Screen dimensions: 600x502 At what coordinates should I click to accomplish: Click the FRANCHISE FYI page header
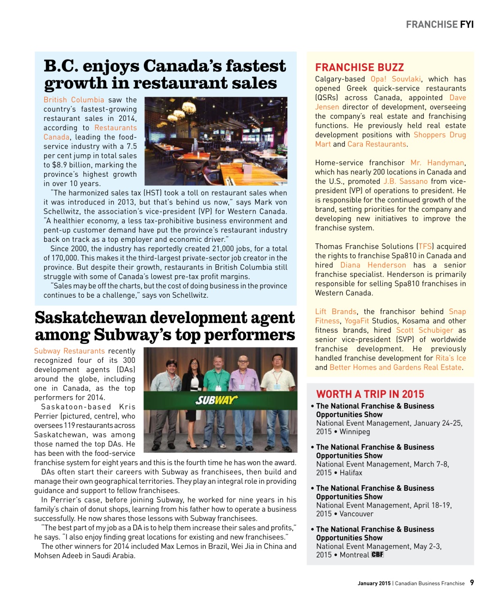[439, 24]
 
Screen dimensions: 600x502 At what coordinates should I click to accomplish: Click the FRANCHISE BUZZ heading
[359, 67]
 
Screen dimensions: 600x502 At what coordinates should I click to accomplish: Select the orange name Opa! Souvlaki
[396, 79]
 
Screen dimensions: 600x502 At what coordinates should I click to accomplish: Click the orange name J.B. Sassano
[405, 181]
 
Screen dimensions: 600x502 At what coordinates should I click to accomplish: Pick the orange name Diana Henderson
[373, 265]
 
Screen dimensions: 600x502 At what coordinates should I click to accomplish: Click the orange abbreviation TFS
[425, 247]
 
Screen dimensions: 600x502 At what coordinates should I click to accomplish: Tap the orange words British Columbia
[74, 100]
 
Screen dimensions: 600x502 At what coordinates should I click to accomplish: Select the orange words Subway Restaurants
[69, 351]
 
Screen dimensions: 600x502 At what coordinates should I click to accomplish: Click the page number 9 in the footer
[472, 583]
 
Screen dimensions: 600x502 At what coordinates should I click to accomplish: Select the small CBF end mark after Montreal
[377, 555]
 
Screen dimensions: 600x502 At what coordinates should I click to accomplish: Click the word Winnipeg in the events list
[354, 432]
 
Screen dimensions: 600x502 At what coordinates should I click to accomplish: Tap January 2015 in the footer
[374, 584]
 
